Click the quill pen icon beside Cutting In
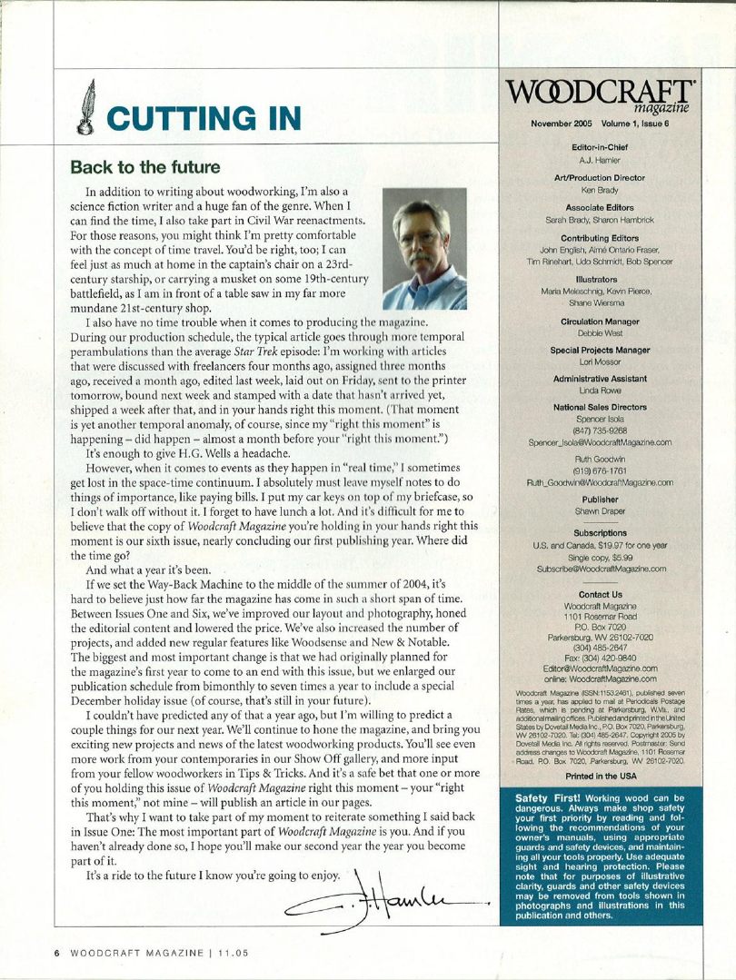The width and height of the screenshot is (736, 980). (x=87, y=108)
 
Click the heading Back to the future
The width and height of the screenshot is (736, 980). (x=144, y=168)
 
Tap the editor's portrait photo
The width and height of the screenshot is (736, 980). (x=424, y=249)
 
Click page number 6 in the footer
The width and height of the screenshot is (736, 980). (x=56, y=953)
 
